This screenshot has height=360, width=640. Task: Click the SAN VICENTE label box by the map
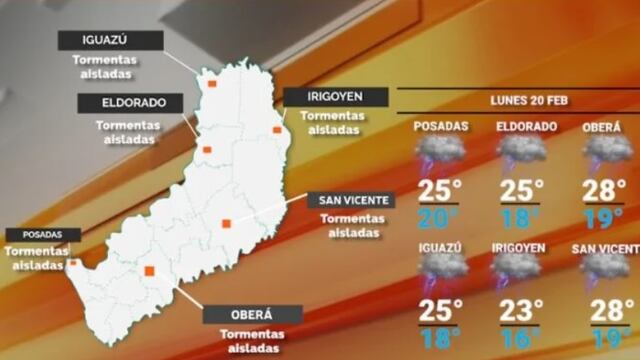pos(350,200)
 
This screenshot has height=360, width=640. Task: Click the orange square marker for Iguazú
pos(212,84)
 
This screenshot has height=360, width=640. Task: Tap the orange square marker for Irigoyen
pos(277,130)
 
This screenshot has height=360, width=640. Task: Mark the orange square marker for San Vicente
pos(227,223)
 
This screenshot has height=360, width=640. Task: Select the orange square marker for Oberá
pos(150,270)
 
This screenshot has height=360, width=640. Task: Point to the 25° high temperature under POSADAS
pos(441,189)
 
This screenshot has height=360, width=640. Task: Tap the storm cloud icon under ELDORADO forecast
pos(521,154)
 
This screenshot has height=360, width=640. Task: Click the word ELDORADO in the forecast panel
pos(526,127)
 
